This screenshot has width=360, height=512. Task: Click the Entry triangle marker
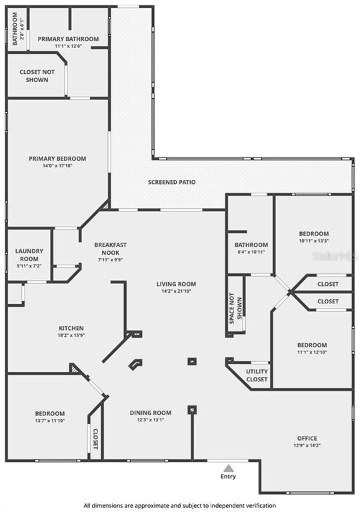(x=229, y=468)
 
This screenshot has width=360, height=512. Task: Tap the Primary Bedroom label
(x=57, y=159)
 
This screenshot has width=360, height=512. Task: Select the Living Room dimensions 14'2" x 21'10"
(x=176, y=291)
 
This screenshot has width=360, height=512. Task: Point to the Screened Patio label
(x=172, y=182)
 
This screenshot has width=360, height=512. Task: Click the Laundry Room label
(x=29, y=255)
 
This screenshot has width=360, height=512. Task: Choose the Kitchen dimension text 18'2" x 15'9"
(x=71, y=335)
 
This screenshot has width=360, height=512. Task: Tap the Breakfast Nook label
(x=111, y=249)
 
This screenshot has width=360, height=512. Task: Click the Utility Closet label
(x=257, y=375)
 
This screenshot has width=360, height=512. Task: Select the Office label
(x=307, y=438)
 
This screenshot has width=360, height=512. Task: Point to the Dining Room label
(x=151, y=413)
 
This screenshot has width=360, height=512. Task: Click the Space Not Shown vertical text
(x=235, y=309)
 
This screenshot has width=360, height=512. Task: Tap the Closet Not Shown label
(x=37, y=76)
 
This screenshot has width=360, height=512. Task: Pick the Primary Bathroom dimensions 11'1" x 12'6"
(x=68, y=46)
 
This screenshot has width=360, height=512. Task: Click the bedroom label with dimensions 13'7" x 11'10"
(x=50, y=414)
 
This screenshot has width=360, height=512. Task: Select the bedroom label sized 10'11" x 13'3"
(x=314, y=234)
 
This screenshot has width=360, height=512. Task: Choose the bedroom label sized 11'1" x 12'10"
(x=312, y=345)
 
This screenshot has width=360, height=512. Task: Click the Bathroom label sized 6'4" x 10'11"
(x=251, y=245)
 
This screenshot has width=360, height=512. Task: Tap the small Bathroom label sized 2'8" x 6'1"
(x=15, y=29)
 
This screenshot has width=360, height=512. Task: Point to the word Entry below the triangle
(x=228, y=477)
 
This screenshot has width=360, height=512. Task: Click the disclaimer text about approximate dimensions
(x=180, y=505)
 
